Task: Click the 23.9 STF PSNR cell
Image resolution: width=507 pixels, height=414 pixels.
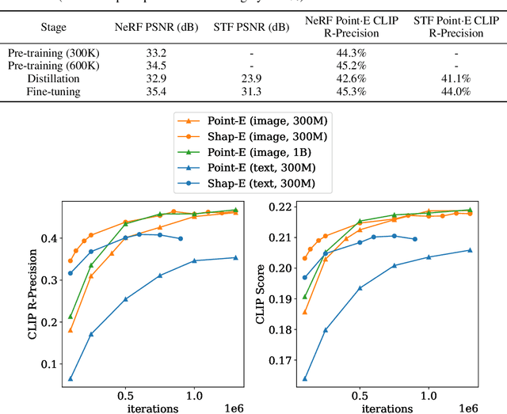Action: [251, 79]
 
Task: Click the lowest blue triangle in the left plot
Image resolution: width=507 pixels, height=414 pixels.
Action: [71, 379]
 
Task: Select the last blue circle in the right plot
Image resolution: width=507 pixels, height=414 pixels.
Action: [414, 239]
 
